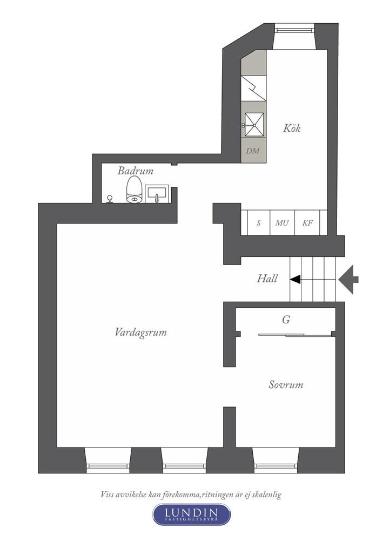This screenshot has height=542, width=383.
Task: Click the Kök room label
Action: pyautogui.click(x=292, y=128)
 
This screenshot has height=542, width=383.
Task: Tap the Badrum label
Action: pyautogui.click(x=136, y=171)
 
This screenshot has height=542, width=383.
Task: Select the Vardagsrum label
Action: pyautogui.click(x=140, y=333)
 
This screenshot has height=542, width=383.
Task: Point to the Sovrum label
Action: pyautogui.click(x=286, y=385)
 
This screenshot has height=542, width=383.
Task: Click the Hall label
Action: pyautogui.click(x=267, y=279)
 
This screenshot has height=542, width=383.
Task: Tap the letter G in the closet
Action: pyautogui.click(x=286, y=320)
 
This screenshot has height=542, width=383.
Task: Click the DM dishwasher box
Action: pyautogui.click(x=253, y=151)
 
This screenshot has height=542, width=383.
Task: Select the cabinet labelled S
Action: pyautogui.click(x=259, y=222)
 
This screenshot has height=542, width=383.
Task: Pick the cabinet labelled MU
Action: pyautogui.click(x=282, y=222)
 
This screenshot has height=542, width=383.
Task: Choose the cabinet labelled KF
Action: pyautogui.click(x=307, y=222)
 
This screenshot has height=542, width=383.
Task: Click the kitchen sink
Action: pyautogui.click(x=253, y=124)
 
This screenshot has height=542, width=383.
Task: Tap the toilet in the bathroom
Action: pyautogui.click(x=135, y=192)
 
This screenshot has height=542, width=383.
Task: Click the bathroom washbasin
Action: pyautogui.click(x=157, y=193)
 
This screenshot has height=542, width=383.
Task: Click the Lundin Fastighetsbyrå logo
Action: pyautogui.click(x=191, y=514)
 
